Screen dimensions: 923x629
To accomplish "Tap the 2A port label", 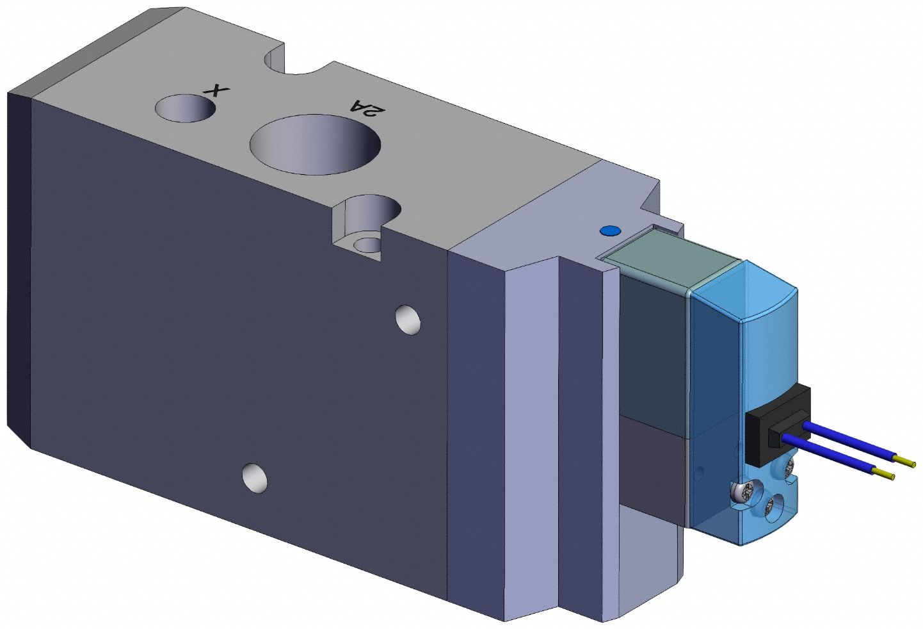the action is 367,108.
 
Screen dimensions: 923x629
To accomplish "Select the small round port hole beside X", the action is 186,108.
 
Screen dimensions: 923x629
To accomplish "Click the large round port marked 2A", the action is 315,144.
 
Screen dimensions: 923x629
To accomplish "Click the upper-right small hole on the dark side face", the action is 408,320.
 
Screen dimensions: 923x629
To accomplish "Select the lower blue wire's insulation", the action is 828,456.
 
